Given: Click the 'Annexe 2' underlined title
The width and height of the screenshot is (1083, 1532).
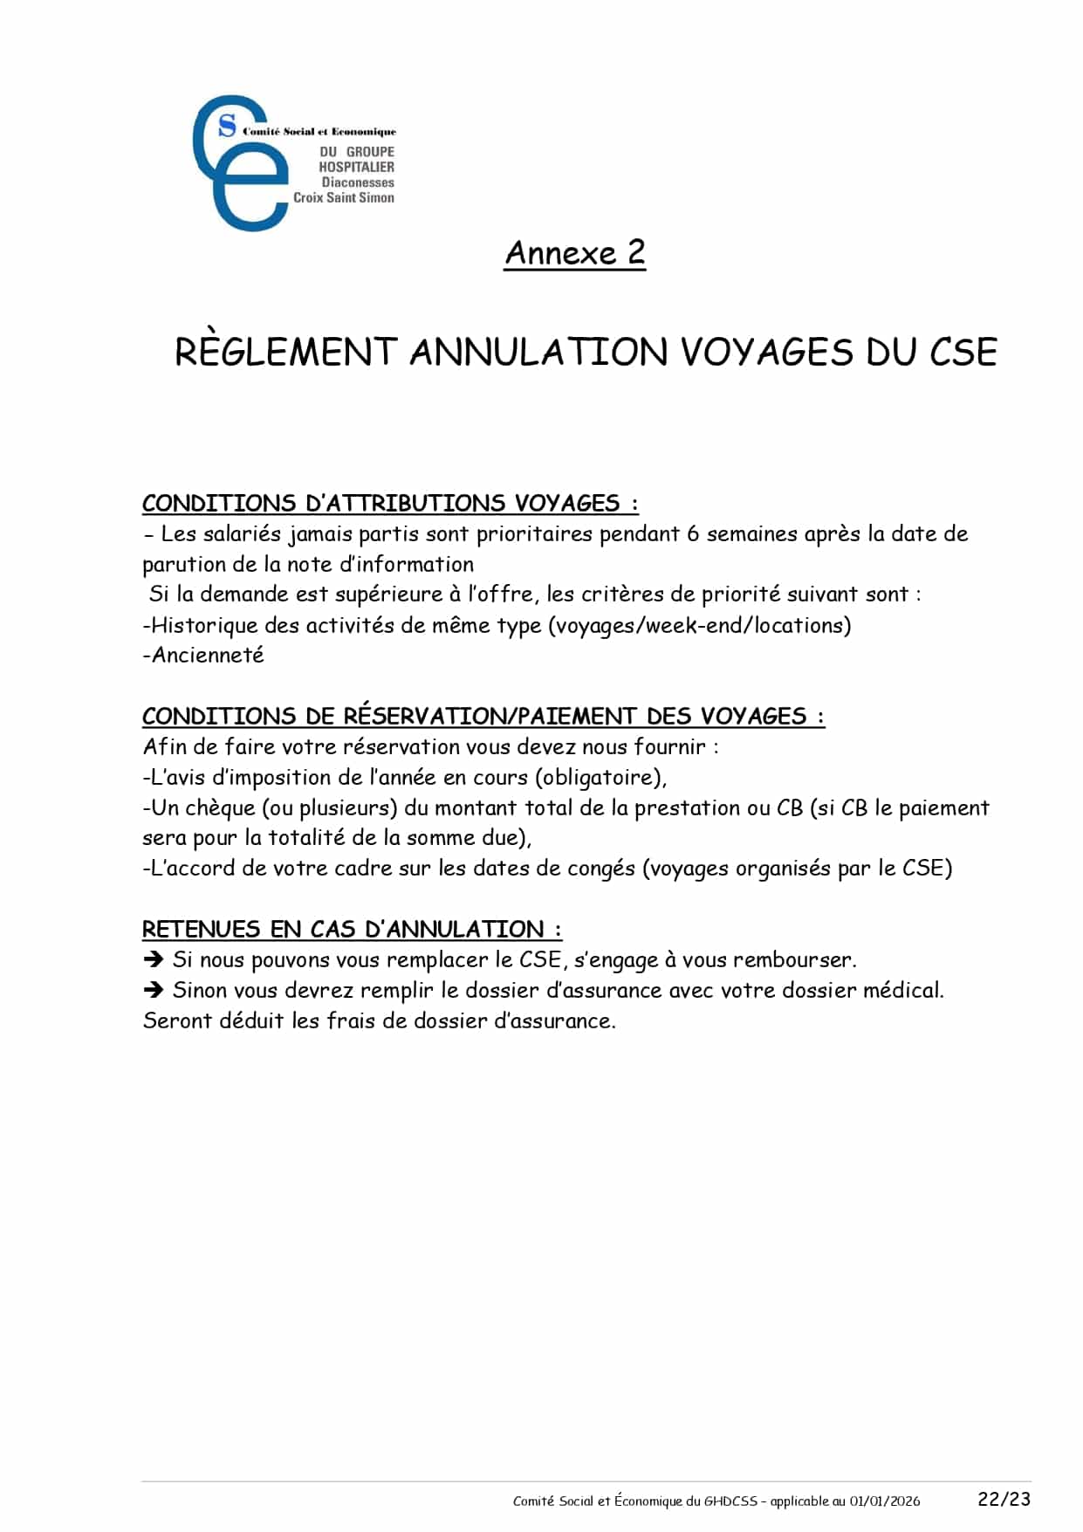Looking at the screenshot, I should [574, 253].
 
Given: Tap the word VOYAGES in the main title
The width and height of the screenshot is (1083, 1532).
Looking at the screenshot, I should [766, 352].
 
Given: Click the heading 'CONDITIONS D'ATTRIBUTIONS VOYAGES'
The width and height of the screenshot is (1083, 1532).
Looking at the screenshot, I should [389, 504].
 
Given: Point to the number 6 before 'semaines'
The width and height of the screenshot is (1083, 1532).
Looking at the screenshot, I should [693, 533].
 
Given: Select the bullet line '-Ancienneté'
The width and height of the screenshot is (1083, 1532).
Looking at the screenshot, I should [203, 655].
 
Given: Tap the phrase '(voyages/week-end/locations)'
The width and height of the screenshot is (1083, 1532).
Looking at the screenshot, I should [700, 625].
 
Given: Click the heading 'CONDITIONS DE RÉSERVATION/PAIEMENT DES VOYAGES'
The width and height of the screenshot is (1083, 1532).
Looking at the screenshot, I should [483, 717].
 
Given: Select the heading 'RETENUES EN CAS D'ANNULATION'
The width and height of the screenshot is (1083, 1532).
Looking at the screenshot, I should [352, 929].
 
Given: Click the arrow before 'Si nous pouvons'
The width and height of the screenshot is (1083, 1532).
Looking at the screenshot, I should [154, 959].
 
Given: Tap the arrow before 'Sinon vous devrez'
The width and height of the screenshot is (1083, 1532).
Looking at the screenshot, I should [154, 990].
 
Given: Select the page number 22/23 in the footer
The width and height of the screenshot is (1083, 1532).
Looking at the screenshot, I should [1004, 1499].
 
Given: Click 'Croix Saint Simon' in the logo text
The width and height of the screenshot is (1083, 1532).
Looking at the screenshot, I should [344, 198].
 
